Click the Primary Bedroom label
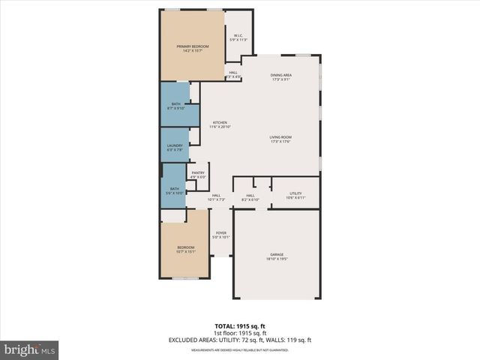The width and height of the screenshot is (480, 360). (193, 49)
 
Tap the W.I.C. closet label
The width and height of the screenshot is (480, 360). (238, 37)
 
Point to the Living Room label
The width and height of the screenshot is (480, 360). (280, 139)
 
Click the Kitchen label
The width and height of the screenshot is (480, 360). (220, 125)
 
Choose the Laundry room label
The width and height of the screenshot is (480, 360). (175, 148)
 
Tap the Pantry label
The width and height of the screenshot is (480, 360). (198, 175)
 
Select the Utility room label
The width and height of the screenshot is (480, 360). (295, 196)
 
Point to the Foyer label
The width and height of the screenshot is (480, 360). (221, 235)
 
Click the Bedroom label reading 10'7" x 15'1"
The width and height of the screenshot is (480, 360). (186, 250)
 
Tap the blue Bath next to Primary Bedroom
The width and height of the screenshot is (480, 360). (175, 106)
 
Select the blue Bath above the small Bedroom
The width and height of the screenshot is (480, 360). (174, 191)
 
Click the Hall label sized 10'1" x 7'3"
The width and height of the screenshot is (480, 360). (216, 197)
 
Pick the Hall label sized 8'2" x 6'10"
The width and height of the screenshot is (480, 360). (250, 197)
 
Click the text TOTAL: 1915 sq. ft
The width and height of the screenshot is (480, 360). (240, 327)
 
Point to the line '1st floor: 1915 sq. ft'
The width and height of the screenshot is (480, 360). (240, 334)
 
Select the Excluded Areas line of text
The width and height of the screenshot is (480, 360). (240, 340)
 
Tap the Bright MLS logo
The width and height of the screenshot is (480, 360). (30, 349)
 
